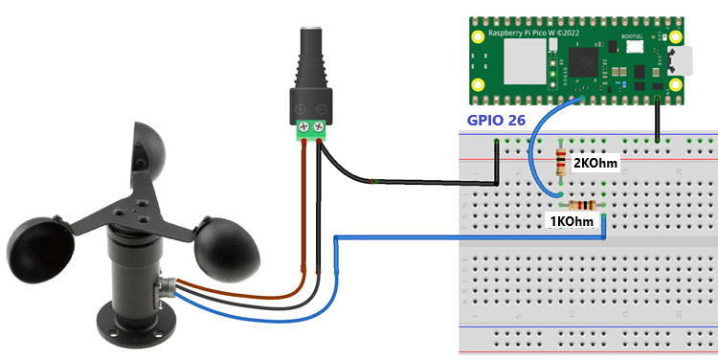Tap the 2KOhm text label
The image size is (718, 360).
click(x=594, y=164)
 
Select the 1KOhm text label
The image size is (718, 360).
click(x=578, y=222)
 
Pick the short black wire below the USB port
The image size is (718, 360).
click(x=658, y=120)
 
